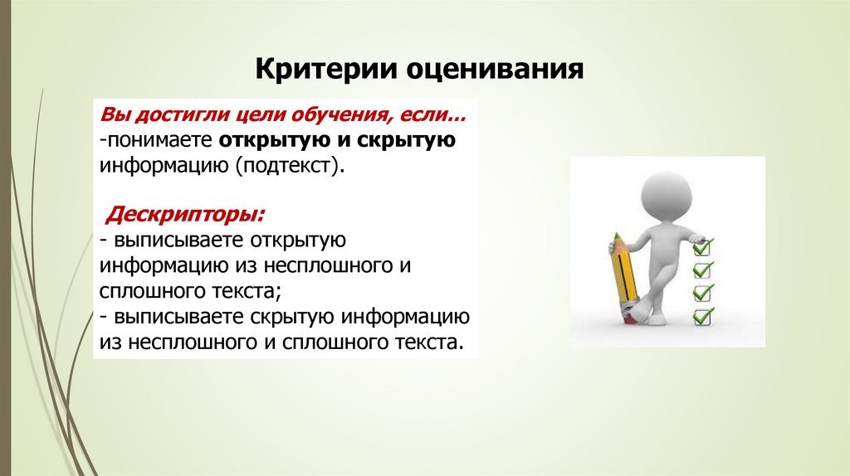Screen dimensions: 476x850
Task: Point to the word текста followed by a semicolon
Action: [244, 291]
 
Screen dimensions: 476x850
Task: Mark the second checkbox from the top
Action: [702, 270]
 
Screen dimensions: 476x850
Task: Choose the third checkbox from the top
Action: [702, 293]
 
